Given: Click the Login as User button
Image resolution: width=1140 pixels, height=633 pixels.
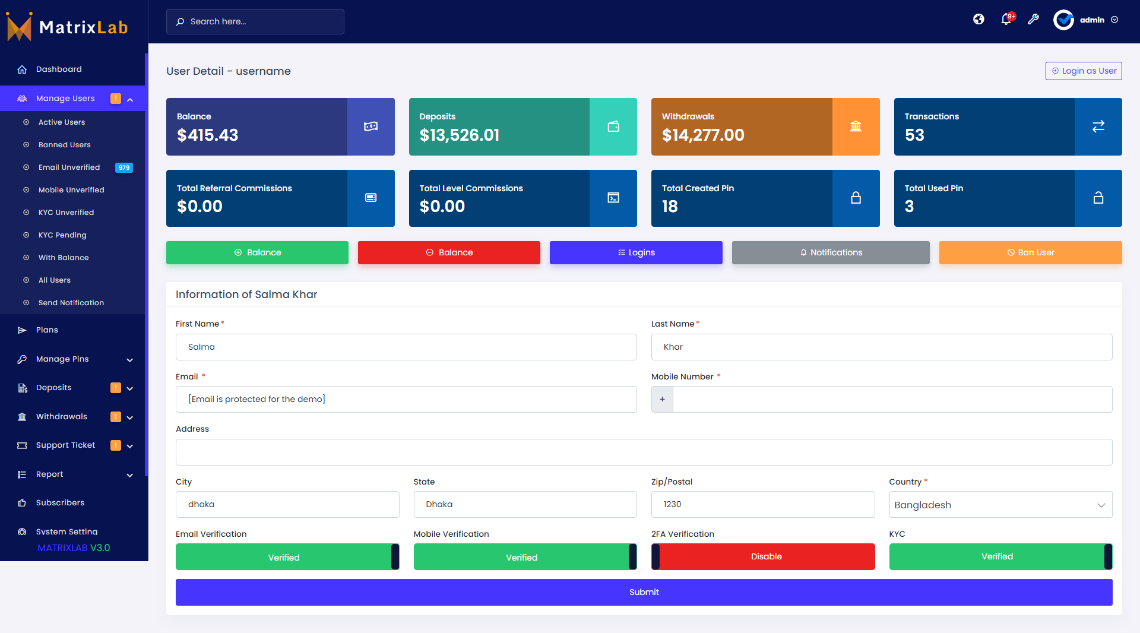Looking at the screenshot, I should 1084,71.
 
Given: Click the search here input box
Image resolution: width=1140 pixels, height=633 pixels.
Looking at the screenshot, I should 255,21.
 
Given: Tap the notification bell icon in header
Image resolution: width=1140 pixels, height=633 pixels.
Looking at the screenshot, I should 1006,20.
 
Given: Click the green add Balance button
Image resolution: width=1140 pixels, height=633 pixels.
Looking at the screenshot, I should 257,252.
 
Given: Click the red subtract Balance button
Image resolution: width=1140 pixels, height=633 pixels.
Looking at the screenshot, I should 449,252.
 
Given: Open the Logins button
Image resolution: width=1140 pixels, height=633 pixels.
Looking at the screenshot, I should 636,252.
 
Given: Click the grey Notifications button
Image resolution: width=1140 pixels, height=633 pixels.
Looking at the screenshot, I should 831,252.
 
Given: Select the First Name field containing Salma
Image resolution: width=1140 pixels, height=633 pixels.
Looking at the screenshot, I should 406,347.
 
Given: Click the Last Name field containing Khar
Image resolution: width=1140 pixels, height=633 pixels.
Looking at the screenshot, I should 882,347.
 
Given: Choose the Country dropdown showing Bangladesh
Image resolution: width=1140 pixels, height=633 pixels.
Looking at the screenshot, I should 1000,505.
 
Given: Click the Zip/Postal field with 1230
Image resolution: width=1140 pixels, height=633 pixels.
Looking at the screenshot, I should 763,504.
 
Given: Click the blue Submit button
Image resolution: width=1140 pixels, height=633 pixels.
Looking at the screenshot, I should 644,592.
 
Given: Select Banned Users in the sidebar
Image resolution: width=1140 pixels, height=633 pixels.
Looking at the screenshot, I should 64,145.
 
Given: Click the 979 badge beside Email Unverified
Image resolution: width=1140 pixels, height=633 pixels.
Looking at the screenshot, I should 124,167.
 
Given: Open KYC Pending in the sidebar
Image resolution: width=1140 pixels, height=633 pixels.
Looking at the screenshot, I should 62,235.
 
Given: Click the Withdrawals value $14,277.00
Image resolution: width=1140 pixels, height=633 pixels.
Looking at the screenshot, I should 703,135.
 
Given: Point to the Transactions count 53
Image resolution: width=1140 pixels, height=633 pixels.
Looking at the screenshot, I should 914,135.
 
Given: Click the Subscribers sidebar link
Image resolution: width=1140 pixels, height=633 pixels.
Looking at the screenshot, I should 60,503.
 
